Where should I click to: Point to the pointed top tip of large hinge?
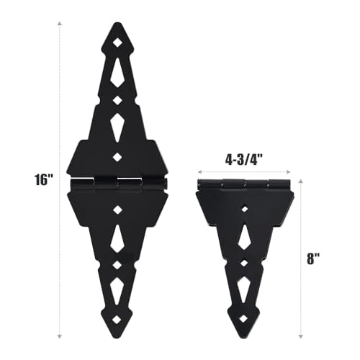click(x=117, y=23)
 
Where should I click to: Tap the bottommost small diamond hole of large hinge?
click(x=117, y=317)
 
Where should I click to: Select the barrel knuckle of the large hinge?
click(x=117, y=184)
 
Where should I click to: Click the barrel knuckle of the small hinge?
click(x=244, y=184)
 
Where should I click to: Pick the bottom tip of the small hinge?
click(x=244, y=339)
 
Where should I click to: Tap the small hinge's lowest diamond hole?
click(x=244, y=317)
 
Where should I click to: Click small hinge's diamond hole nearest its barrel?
click(x=244, y=208)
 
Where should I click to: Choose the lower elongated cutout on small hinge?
click(x=244, y=290)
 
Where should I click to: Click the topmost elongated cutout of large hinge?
click(x=117, y=72)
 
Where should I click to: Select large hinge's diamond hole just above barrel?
click(x=117, y=156)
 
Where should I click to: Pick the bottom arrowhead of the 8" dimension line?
click(x=302, y=338)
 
